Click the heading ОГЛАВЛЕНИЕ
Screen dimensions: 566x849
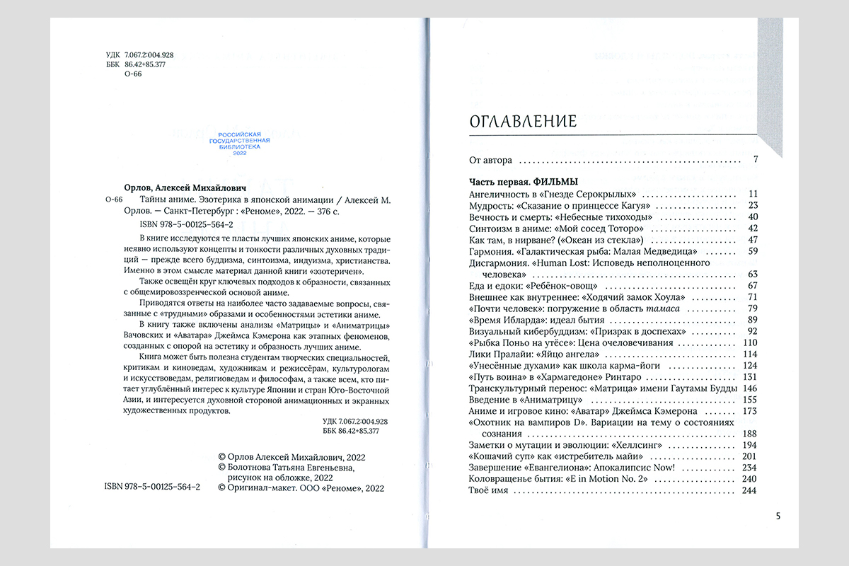(523, 122)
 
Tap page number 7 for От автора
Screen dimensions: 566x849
(756, 160)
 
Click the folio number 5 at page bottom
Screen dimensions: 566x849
(778, 516)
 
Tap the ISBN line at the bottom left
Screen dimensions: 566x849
(151, 487)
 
